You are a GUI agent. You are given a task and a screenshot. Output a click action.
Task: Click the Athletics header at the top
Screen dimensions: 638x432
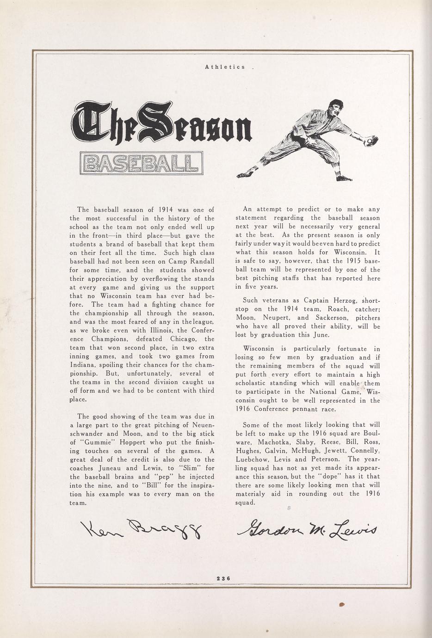coord(225,67)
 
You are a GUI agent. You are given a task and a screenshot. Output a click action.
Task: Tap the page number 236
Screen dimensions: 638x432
coord(223,577)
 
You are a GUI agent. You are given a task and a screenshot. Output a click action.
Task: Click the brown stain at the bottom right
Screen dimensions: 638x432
coord(342,604)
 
